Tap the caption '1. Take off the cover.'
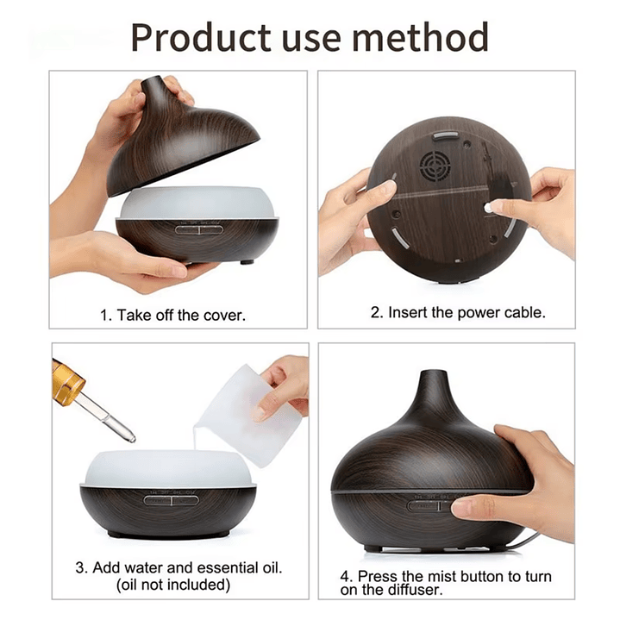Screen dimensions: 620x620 point(172,315)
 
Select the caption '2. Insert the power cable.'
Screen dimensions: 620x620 point(458,312)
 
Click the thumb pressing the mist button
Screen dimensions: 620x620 point(475,505)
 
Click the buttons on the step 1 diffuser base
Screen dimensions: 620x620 point(198,229)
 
